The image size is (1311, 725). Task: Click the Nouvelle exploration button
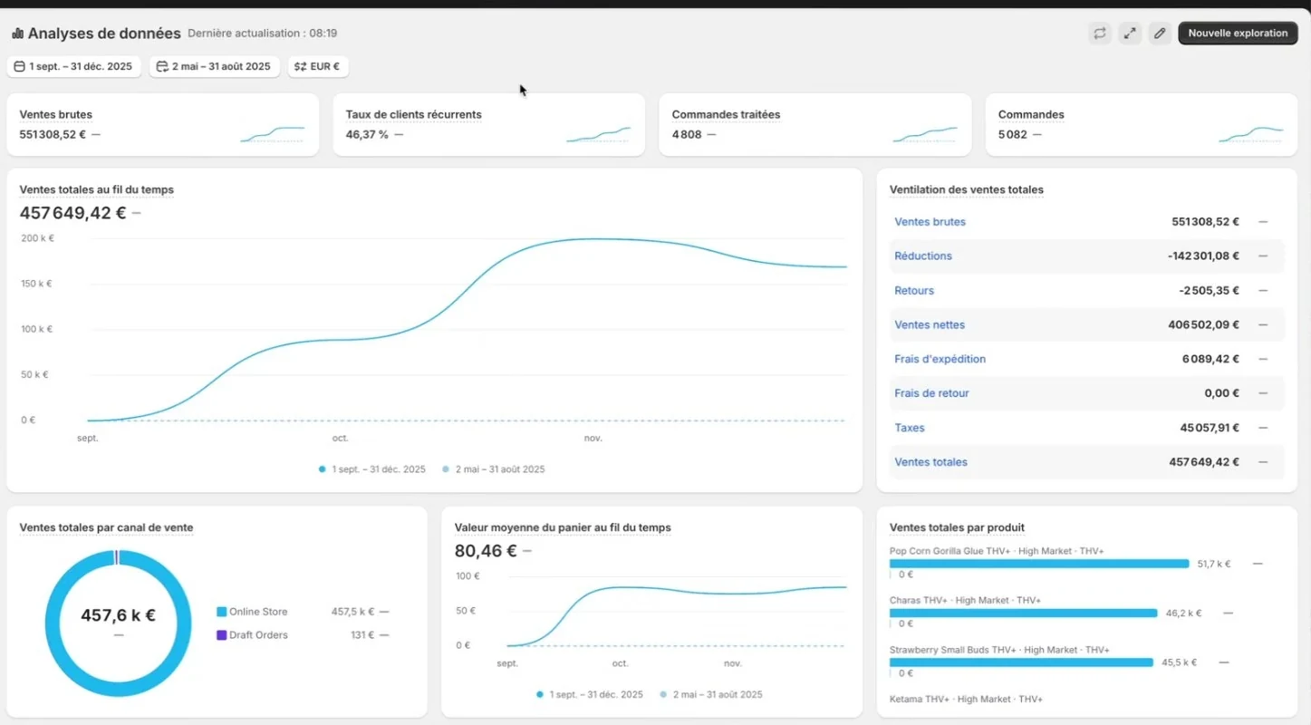click(x=1238, y=34)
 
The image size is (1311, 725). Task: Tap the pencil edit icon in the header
click(x=1160, y=34)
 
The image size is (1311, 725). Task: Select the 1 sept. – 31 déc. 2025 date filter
click(x=73, y=66)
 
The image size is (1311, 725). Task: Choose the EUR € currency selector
click(x=317, y=66)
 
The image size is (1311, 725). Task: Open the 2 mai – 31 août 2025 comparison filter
click(x=214, y=66)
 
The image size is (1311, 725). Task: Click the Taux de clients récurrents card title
click(x=413, y=114)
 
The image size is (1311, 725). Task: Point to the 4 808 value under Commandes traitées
click(x=687, y=134)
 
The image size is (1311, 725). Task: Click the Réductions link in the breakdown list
click(x=923, y=256)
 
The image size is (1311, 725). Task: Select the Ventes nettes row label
click(x=930, y=324)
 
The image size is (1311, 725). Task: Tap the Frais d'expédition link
click(x=940, y=359)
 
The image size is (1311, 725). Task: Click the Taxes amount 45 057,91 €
click(x=1210, y=428)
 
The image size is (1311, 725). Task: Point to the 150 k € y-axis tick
click(x=36, y=284)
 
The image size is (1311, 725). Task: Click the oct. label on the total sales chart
click(x=340, y=438)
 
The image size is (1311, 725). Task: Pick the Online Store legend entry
click(x=252, y=612)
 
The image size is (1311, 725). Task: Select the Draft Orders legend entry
click(x=252, y=634)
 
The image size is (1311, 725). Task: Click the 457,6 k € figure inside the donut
click(x=118, y=615)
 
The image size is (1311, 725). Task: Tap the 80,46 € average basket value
click(x=486, y=550)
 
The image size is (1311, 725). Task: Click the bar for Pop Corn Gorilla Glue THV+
click(x=1039, y=564)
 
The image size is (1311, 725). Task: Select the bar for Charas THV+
click(x=1023, y=614)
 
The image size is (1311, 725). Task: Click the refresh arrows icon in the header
click(x=1100, y=34)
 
